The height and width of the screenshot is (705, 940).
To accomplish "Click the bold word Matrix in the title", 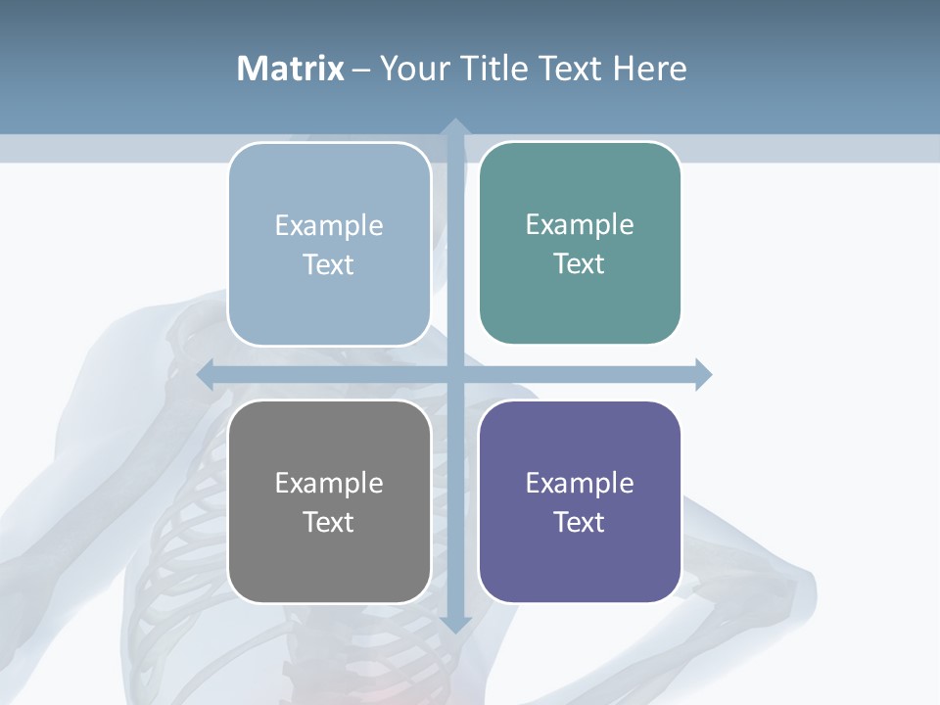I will [291, 69].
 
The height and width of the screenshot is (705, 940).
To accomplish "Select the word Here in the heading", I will [649, 69].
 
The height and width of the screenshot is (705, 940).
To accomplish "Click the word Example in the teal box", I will [580, 224].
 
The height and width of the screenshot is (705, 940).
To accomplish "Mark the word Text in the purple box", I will [580, 522].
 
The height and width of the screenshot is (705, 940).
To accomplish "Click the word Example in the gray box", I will [329, 483].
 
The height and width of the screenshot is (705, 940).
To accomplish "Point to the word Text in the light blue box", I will [329, 264].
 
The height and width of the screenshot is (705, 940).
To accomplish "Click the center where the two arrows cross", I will [455, 374].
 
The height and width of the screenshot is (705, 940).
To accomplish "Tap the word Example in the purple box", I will [580, 483].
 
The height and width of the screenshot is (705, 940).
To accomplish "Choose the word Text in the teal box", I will [580, 263].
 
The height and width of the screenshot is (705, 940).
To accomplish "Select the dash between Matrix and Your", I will [361, 70].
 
